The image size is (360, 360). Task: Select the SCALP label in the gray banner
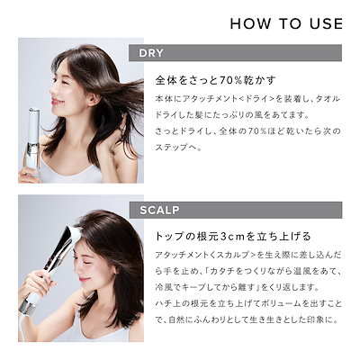[161, 211]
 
